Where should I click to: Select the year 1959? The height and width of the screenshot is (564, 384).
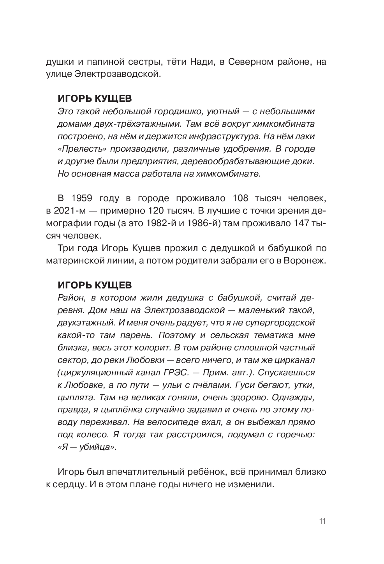coord(80,198)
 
